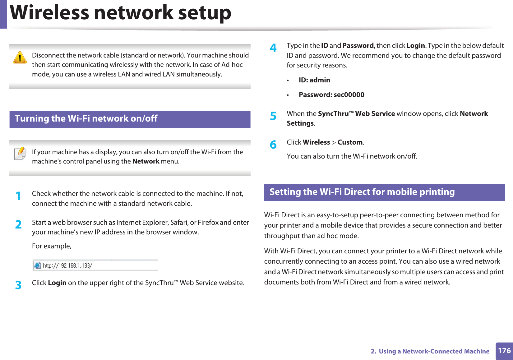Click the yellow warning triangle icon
(20, 58)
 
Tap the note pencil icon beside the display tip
(20, 154)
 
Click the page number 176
(504, 351)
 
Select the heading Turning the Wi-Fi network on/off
(86, 119)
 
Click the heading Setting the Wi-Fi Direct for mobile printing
(362, 192)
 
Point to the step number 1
(18, 196)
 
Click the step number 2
(18, 224)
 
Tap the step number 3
(18, 285)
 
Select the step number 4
(273, 48)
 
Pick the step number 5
(273, 116)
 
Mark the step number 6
(273, 145)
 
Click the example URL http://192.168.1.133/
(67, 265)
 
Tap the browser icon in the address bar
(38, 265)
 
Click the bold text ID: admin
(314, 80)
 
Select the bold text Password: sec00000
(331, 95)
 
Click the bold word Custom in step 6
(350, 142)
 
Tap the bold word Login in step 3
(57, 283)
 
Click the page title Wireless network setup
(121, 13)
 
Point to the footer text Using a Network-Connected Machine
(434, 351)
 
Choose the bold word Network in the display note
(146, 161)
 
